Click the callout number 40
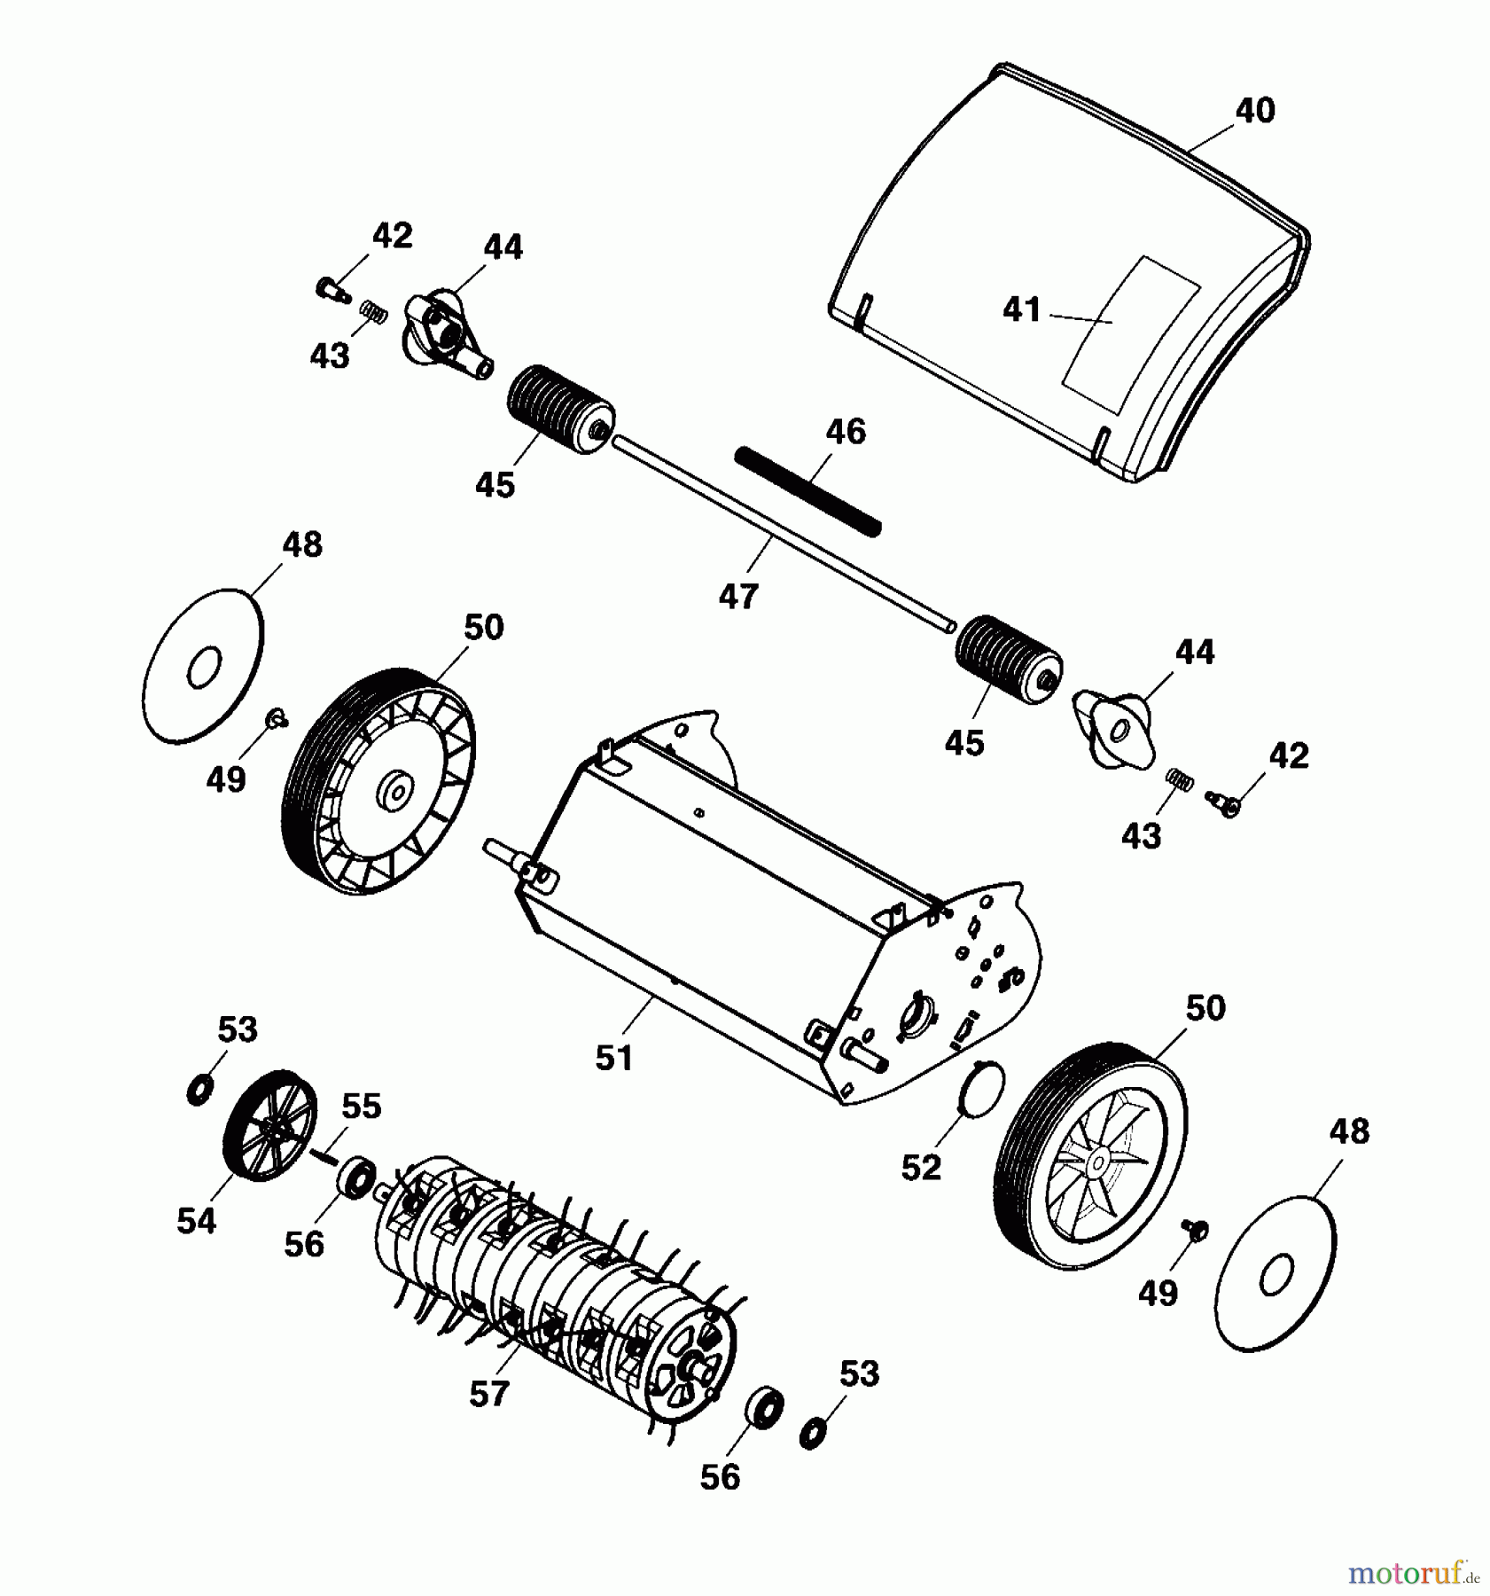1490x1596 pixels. coord(1254,111)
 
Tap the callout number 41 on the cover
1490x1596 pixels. coord(1021,309)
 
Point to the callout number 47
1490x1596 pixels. coord(737,597)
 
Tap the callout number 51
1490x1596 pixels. coord(613,1058)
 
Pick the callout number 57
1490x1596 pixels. coord(488,1393)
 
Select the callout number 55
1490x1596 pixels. coord(361,1107)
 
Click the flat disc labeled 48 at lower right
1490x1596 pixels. coord(1277,1276)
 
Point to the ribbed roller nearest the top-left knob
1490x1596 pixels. coord(560,409)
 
